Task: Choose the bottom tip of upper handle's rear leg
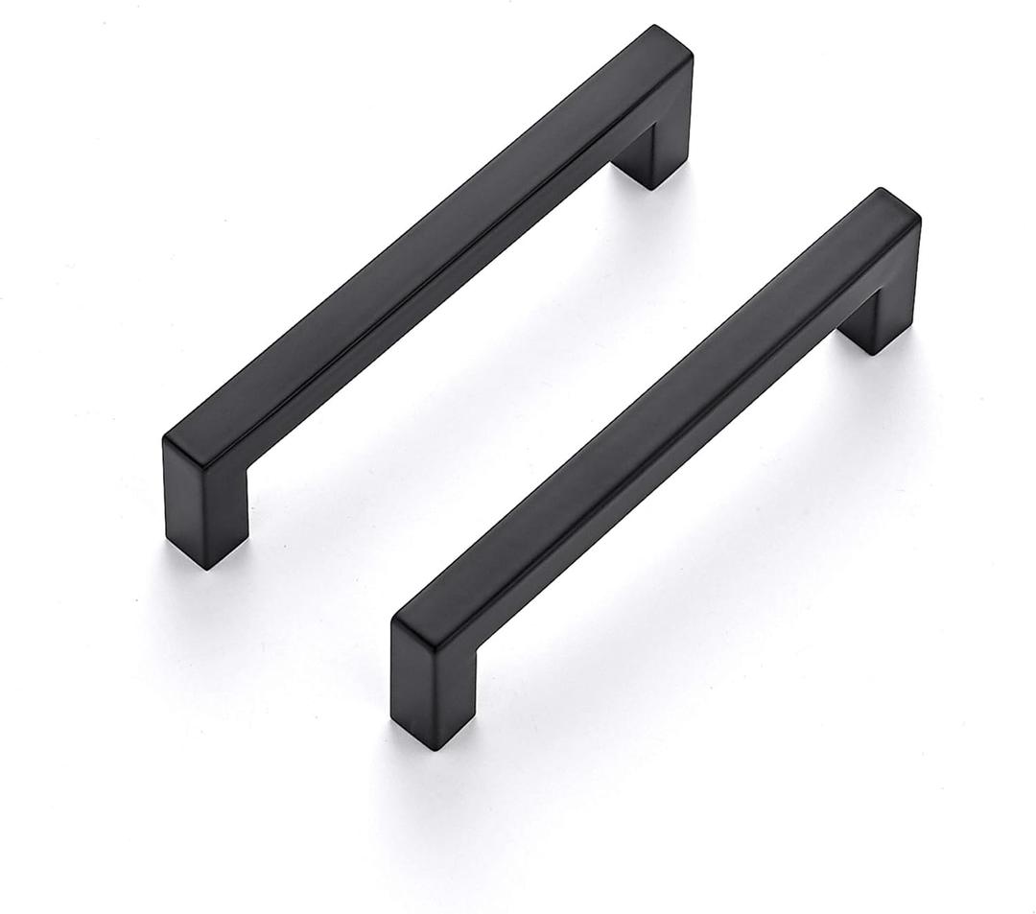coord(652,186)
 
